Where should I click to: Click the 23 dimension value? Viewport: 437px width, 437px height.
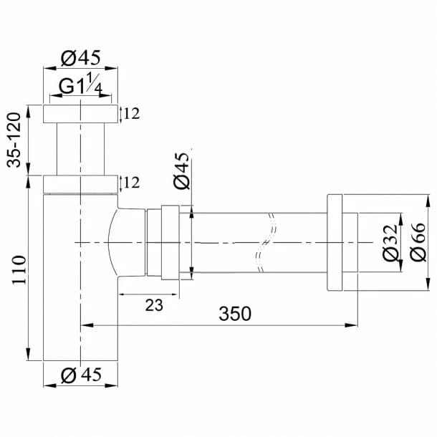tap(153, 305)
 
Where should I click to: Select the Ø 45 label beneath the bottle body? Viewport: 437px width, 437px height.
tap(80, 375)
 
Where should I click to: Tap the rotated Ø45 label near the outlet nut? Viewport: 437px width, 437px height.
tap(182, 171)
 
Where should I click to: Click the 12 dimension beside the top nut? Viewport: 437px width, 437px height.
tap(130, 113)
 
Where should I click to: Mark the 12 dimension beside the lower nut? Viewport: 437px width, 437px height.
tap(130, 183)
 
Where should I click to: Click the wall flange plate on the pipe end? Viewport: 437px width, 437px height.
tap(337, 242)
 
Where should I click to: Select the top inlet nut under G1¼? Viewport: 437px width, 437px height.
tap(80, 114)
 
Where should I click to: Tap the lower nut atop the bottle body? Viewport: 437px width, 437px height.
tap(80, 184)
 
